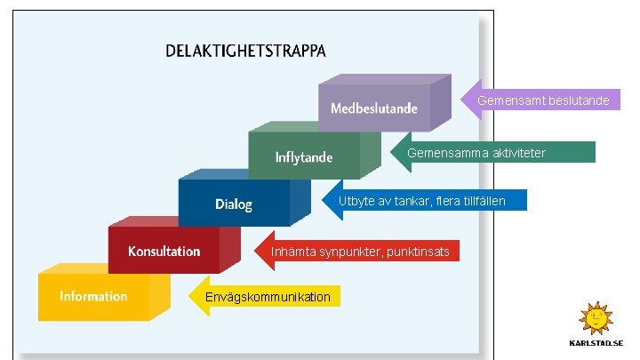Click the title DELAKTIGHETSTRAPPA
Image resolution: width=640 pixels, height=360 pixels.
245,51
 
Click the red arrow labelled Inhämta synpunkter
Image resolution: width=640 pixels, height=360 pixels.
360,252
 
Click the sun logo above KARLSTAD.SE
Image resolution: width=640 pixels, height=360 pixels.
596,317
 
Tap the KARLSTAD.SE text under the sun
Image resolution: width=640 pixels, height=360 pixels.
596,342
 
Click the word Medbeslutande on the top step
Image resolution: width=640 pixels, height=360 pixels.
374,108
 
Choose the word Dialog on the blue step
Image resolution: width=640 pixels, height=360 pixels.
234,204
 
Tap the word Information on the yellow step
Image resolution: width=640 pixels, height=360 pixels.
93,297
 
